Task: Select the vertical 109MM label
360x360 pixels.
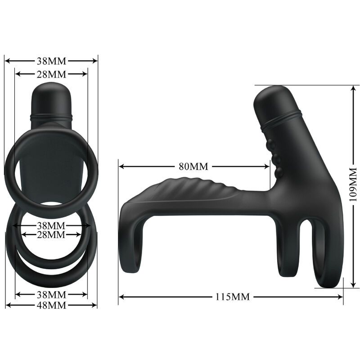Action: [352, 184]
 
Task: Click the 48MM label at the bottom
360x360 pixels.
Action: [51, 306]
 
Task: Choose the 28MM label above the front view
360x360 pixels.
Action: [51, 73]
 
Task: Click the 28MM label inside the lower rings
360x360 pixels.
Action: [51, 234]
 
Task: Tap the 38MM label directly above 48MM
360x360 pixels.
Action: [51, 295]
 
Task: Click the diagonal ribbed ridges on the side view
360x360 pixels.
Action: [202, 189]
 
